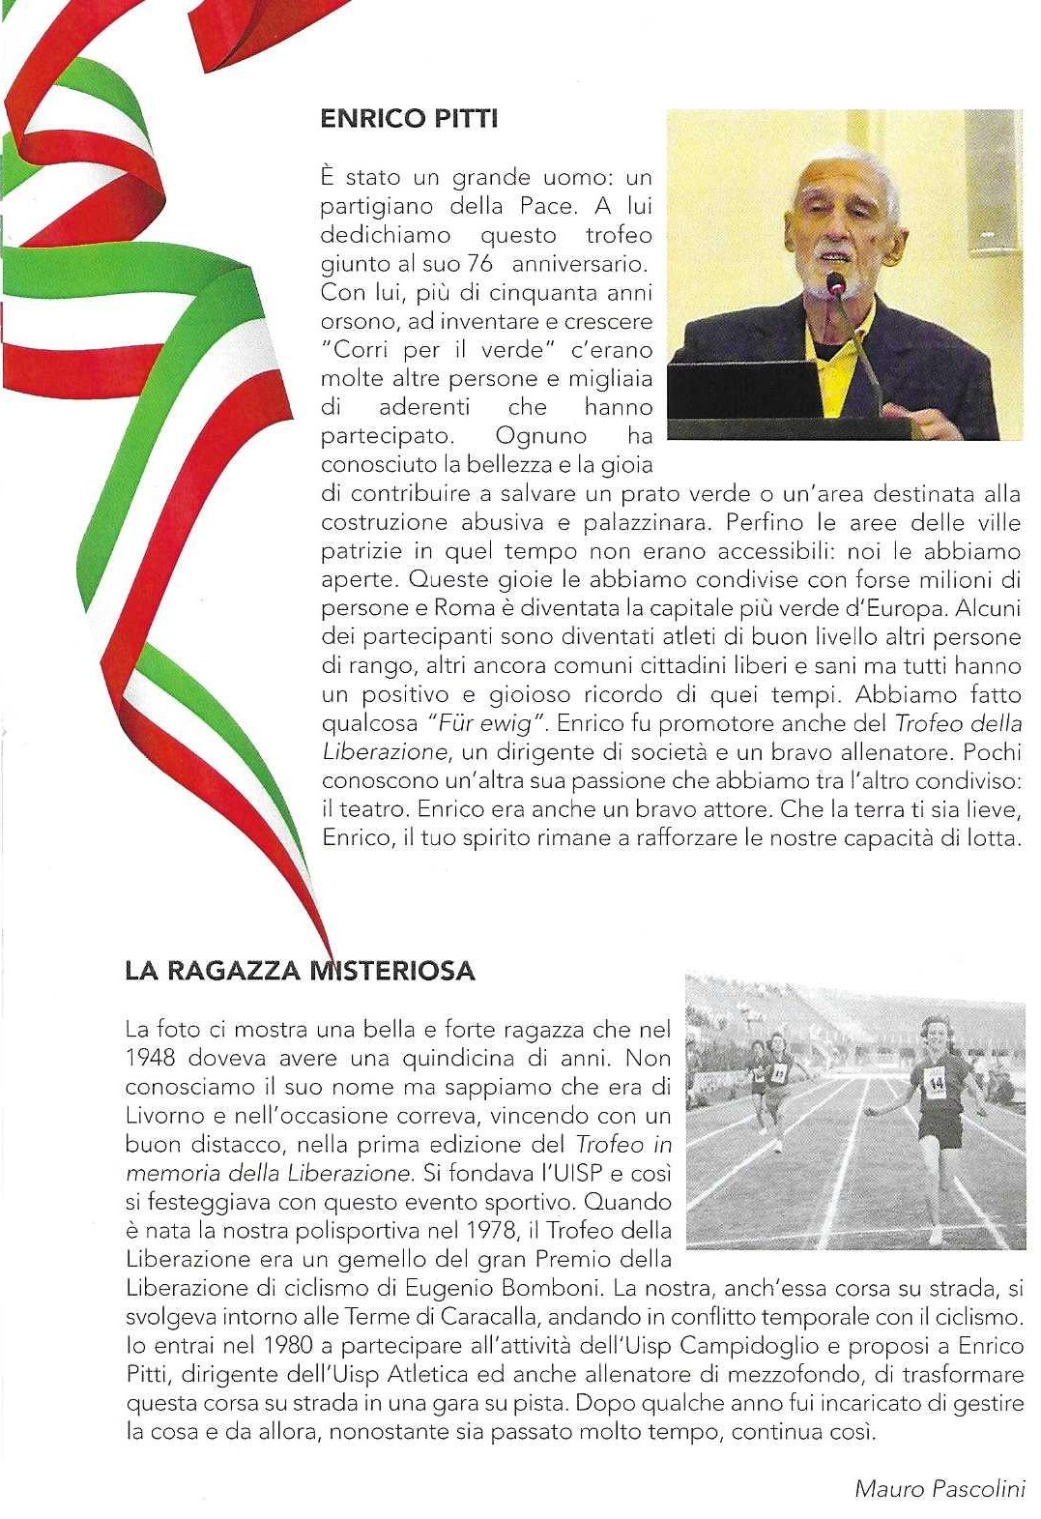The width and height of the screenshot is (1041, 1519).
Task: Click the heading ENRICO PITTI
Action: coord(409,119)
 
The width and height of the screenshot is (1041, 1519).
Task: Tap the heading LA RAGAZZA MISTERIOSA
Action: coord(300,971)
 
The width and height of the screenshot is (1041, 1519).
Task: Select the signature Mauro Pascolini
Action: coord(940,1488)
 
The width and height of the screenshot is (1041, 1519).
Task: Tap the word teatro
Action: coord(370,809)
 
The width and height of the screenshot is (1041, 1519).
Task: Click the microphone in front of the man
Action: coord(837,283)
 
